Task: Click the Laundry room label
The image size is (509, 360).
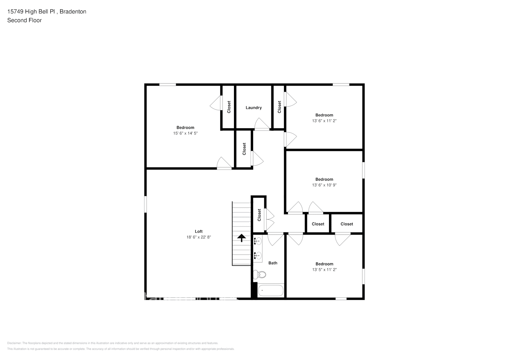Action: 253,108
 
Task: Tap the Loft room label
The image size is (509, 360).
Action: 199,231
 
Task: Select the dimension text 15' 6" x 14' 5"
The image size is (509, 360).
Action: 185,133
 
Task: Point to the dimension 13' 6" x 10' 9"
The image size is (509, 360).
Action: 324,185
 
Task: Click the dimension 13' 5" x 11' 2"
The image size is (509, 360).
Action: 324,270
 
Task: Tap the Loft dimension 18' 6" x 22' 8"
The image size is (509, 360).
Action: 199,237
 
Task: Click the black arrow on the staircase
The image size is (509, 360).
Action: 241,237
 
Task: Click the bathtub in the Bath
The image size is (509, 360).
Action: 271,291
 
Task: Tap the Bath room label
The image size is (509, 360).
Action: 273,263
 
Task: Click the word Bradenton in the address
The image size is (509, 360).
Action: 73,12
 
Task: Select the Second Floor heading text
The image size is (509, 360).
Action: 24,20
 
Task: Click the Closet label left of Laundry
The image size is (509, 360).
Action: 229,107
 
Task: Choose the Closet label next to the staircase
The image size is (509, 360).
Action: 259,215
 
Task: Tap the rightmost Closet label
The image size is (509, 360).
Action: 347,224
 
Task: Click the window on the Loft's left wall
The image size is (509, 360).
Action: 146,204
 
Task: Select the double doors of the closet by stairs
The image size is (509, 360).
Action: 269,220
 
